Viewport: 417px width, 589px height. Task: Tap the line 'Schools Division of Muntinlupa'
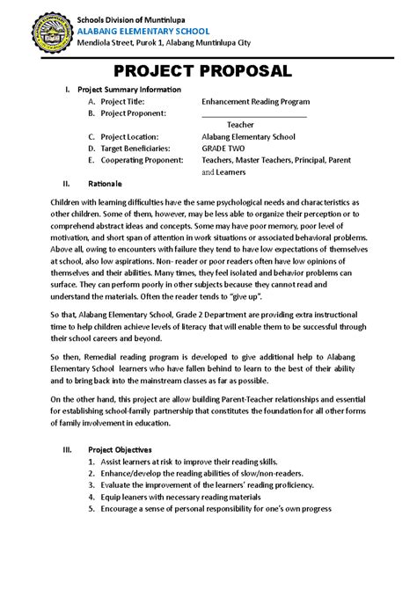coord(136,15)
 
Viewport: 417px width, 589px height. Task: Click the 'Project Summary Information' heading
coord(129,90)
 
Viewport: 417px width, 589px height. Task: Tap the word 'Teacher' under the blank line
coord(240,125)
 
